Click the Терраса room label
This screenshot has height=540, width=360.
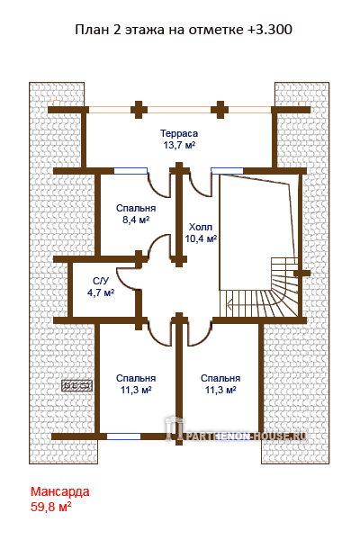(179, 133)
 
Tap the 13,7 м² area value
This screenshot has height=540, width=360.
(179, 145)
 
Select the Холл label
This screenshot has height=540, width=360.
(201, 227)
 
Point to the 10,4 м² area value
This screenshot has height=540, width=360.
(201, 238)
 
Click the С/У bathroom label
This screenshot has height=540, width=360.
(101, 281)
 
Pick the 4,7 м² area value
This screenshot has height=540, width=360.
(101, 292)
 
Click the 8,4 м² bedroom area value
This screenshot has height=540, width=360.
(136, 220)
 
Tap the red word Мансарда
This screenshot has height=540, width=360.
(60, 491)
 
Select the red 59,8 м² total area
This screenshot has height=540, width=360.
(51, 507)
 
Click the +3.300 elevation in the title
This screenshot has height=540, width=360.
(270, 30)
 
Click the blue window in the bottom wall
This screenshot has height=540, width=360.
(123, 436)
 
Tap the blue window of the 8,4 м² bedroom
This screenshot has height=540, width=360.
(130, 171)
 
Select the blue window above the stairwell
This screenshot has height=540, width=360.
(227, 171)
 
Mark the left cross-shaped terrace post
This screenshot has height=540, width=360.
(139, 110)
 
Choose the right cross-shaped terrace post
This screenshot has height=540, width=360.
(220, 110)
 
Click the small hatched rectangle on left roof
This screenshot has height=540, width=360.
(77, 385)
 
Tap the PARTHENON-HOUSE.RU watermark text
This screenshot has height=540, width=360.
(247, 436)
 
